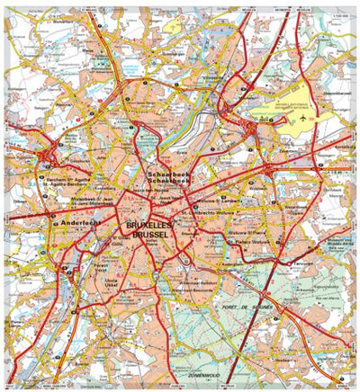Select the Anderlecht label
pyautogui.click(x=74, y=222)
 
